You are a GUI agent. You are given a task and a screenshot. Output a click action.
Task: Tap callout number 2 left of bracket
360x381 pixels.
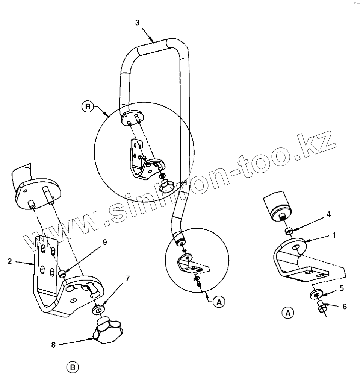pos(10,261)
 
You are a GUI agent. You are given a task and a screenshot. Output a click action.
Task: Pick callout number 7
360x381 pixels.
pos(128,278)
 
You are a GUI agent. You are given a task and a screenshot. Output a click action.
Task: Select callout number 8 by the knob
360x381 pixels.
pos(53,344)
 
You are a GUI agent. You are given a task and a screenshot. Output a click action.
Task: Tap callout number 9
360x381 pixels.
pos(104,242)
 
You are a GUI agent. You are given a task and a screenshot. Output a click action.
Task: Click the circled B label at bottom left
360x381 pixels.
pos(73,366)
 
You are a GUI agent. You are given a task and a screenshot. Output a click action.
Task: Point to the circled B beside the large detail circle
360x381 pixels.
pos(88,107)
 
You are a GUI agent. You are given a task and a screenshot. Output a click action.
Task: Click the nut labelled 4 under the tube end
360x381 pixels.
pos(289,230)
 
